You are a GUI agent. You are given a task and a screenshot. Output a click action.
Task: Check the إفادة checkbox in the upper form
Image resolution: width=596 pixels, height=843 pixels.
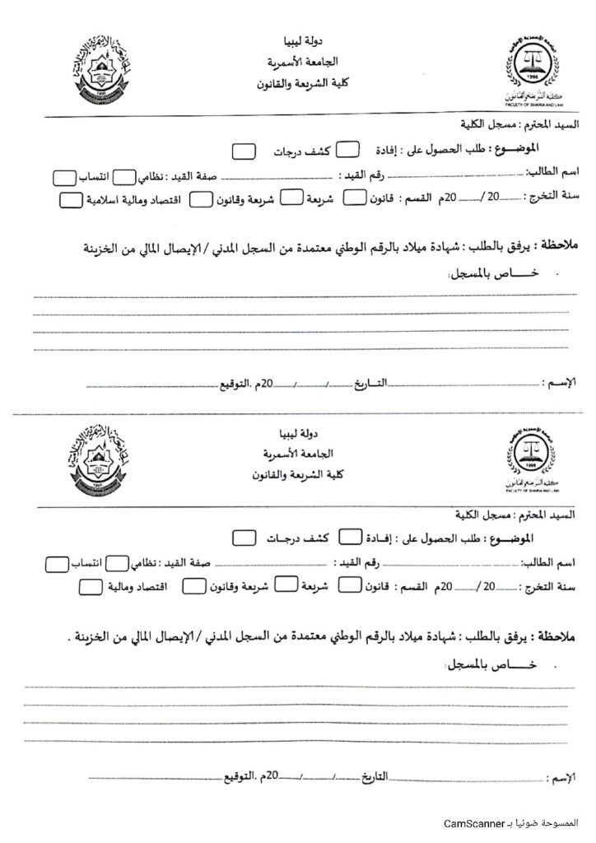(349, 149)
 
